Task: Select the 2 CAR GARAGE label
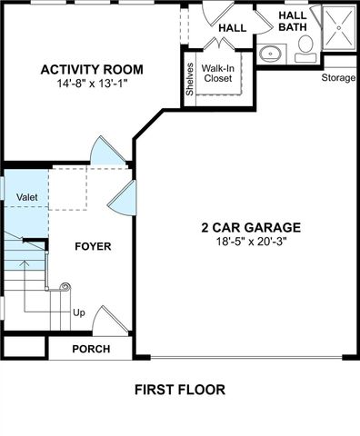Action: coord(251,228)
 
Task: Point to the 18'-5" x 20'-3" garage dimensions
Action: coord(251,242)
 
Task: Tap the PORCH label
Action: coord(91,349)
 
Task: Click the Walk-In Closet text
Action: coord(217,73)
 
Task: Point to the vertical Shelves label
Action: coord(190,77)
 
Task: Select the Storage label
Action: coord(338,77)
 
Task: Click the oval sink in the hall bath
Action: coord(270,54)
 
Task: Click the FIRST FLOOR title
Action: coord(179,390)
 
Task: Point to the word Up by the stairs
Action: coord(79,312)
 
